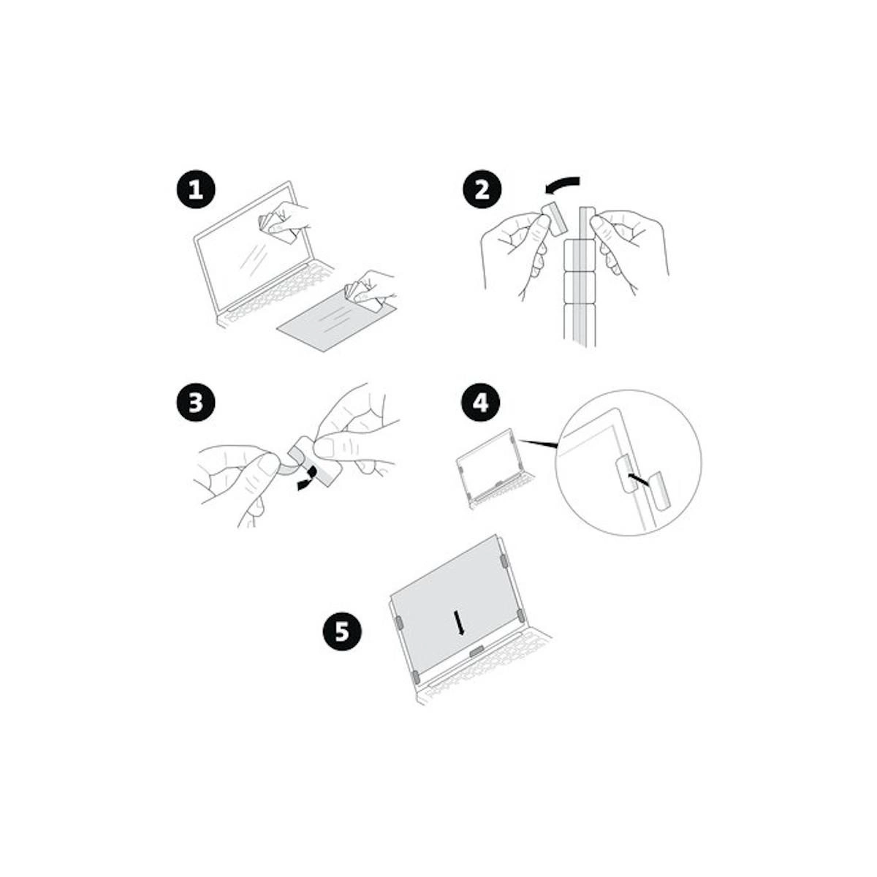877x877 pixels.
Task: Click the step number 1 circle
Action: tap(196, 189)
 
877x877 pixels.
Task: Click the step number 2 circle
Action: tap(482, 189)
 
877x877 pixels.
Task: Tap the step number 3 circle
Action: tap(196, 403)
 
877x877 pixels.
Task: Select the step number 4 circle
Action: tap(481, 403)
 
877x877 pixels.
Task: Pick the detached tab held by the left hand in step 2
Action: tap(553, 219)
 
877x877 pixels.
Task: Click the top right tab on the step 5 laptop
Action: tap(504, 561)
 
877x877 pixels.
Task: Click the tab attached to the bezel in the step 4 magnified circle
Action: tap(623, 474)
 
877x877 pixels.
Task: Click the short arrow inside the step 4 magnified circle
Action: tap(638, 478)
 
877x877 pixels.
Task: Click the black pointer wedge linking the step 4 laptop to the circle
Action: tap(539, 444)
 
